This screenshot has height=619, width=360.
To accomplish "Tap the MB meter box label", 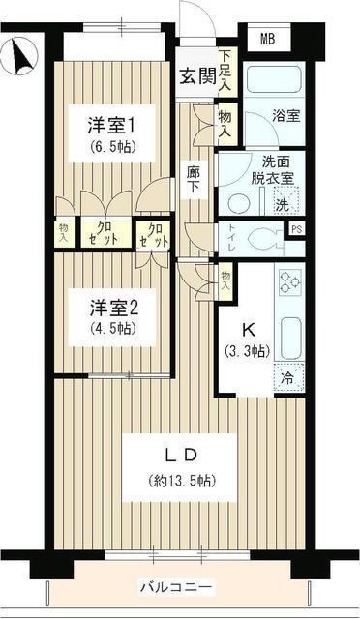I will (266, 40).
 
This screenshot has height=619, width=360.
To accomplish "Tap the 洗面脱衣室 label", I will (255, 170).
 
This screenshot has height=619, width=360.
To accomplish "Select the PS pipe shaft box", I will (297, 228).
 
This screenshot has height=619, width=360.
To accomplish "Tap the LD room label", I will (179, 456).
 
